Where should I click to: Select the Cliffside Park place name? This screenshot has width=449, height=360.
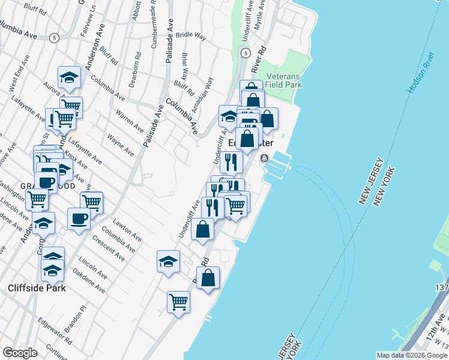(37, 288)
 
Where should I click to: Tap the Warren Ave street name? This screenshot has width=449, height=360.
(130, 120)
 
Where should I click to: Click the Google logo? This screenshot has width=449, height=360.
(20, 353)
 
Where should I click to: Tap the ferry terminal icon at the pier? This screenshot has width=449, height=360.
(264, 158)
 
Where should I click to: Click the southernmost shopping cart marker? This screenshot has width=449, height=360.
(178, 302)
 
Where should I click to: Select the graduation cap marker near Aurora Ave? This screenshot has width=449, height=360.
(69, 77)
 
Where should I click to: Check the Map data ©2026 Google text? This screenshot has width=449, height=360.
(411, 355)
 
